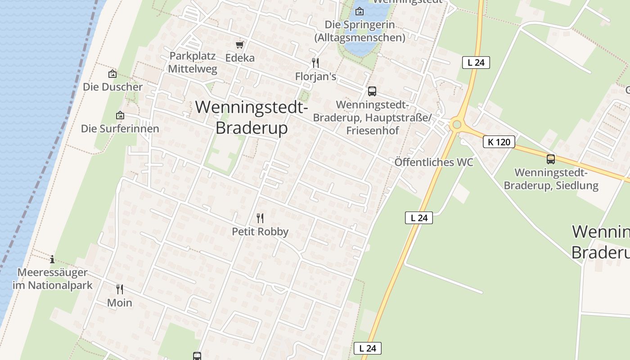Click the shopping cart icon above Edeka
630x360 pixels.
(240, 45)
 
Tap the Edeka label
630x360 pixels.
(240, 58)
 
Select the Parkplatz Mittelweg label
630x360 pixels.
(193, 63)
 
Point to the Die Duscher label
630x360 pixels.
(112, 87)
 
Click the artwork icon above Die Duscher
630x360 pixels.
(112, 74)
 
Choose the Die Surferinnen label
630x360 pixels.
(120, 129)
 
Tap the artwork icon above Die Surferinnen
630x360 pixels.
(120, 116)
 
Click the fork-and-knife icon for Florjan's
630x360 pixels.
(315, 63)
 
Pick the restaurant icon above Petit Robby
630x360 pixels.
(260, 218)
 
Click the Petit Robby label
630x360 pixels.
(260, 232)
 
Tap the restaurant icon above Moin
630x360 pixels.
(120, 289)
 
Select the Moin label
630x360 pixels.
(120, 303)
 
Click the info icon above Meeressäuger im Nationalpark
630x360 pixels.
(52, 259)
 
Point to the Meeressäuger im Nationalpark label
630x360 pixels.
(52, 279)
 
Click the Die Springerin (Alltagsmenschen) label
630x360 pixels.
(360, 31)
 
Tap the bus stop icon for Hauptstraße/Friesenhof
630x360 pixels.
(372, 91)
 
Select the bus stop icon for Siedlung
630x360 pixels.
(551, 159)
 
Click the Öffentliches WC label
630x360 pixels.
(434, 162)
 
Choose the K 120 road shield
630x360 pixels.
(499, 142)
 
